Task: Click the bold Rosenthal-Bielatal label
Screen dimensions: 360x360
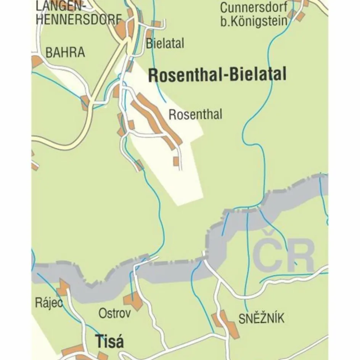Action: point(217,75)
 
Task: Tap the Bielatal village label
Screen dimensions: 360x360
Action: point(165,43)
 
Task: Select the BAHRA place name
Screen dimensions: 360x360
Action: point(65,53)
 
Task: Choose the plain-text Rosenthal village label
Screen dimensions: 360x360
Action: point(195,114)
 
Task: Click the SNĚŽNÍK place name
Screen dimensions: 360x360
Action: point(261,318)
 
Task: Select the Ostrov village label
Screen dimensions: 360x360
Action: point(115,313)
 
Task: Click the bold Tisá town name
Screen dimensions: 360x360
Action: point(109,341)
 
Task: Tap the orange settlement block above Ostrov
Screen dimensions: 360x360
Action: point(133,301)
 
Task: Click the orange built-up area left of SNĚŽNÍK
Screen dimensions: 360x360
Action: point(227,325)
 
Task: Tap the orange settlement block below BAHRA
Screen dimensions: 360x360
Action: point(85,102)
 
